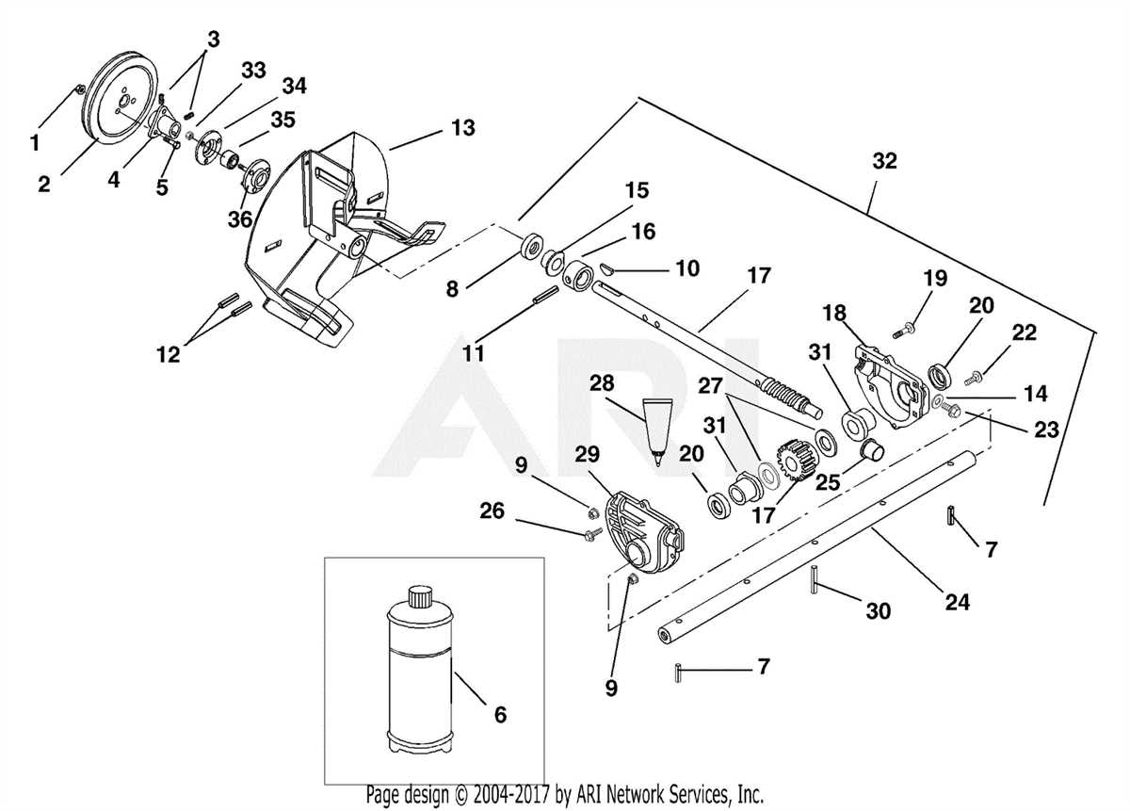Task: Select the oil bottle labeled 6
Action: coord(420,673)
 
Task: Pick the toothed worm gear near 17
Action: coord(787,462)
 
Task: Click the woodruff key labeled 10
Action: coord(610,269)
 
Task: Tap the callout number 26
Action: coord(518,511)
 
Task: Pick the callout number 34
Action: coord(294,87)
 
